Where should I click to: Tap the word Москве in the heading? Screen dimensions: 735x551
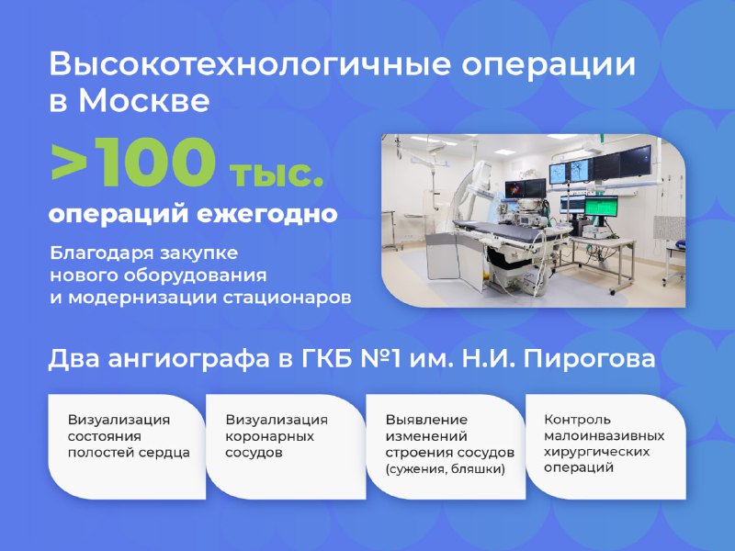click(x=144, y=100)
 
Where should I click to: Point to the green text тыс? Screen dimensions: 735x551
click(x=277, y=174)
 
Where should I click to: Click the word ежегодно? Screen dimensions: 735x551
click(x=267, y=214)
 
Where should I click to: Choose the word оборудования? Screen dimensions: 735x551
click(x=196, y=275)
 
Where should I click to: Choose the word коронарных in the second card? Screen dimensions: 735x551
click(x=269, y=437)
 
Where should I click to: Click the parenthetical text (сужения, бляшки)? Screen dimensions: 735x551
click(x=445, y=469)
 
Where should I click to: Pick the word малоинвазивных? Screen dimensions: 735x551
click(x=605, y=436)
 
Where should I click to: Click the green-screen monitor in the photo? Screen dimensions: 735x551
click(x=601, y=207)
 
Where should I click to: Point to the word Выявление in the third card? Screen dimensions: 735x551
click(x=426, y=420)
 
